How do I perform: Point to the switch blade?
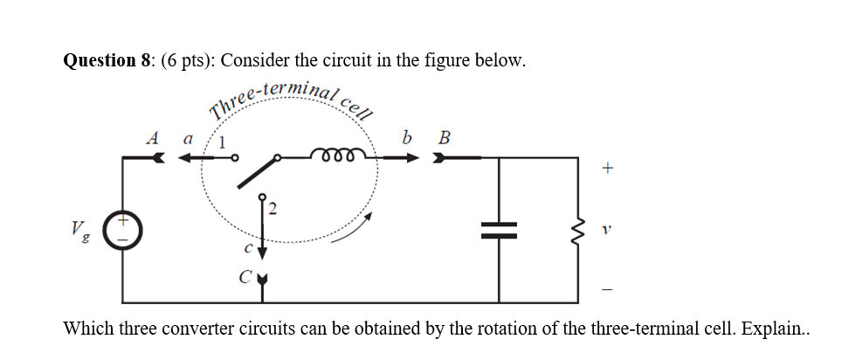[256, 172]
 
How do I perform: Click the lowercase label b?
[407, 136]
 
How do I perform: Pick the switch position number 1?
[223, 142]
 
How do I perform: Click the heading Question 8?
[107, 60]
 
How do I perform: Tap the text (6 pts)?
[187, 60]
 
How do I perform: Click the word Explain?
[781, 329]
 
